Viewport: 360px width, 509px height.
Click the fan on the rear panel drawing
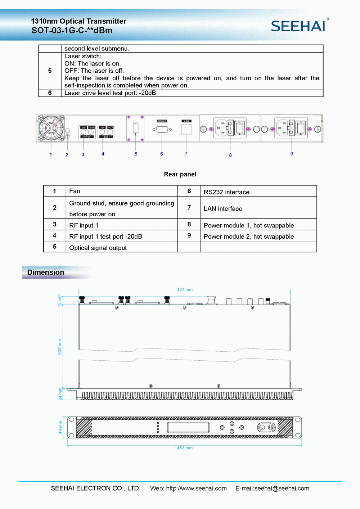51,128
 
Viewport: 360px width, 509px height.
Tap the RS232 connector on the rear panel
162,129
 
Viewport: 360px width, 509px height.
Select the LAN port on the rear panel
186,129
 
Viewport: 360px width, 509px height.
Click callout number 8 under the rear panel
230,155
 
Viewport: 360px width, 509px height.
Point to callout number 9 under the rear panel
292,154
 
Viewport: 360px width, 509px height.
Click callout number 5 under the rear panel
136,154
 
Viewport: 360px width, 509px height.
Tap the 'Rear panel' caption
180,174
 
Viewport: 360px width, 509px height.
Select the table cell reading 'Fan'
75,191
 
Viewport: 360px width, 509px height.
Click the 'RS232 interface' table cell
226,192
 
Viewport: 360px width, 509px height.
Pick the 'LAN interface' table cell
223,209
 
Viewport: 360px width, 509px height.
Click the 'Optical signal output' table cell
98,248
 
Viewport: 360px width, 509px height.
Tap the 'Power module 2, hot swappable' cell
249,237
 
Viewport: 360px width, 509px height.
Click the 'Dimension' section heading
46,272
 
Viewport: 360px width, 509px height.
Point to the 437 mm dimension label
185,289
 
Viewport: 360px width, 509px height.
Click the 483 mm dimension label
185,448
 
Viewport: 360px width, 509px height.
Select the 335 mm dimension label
60,347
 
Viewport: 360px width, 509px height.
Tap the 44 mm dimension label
60,427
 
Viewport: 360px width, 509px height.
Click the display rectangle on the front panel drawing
188,428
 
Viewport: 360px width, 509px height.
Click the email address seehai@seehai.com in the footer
282,488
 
